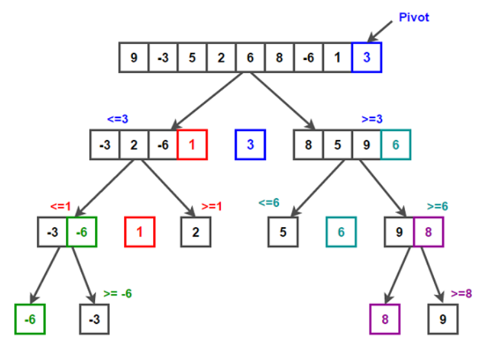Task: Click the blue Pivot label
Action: click(x=413, y=17)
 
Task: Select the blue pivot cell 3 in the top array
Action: click(x=366, y=57)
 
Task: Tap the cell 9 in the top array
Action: click(x=134, y=57)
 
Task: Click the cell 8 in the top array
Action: click(x=279, y=57)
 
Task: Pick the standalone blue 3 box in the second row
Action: click(x=250, y=145)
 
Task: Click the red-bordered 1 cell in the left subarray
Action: click(x=192, y=145)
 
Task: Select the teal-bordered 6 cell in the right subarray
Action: click(x=395, y=145)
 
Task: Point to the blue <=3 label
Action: click(x=118, y=119)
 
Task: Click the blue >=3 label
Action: click(x=372, y=119)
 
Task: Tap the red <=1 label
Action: click(x=60, y=206)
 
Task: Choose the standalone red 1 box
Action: click(x=139, y=232)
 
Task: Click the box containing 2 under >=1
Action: click(x=195, y=232)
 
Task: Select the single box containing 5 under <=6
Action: click(x=283, y=232)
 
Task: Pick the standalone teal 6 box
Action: click(x=340, y=232)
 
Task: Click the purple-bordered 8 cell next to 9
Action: click(x=429, y=232)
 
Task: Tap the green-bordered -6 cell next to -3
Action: click(x=81, y=232)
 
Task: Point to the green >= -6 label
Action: click(x=118, y=293)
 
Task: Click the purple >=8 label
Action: click(x=462, y=293)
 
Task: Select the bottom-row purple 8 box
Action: click(x=384, y=319)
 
